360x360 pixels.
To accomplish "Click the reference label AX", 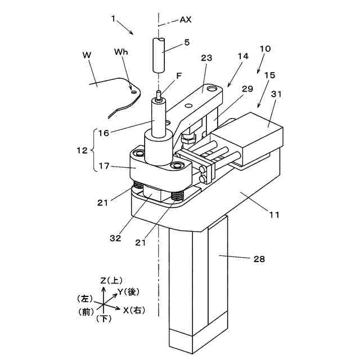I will (x=186, y=19).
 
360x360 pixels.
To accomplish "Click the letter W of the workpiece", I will (x=87, y=55).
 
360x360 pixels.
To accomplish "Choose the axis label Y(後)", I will (x=128, y=292).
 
